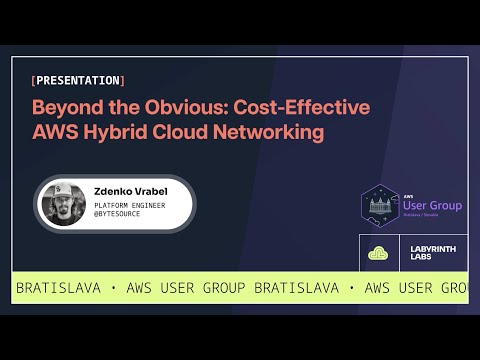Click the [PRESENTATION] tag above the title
click(78, 80)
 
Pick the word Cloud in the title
click(184, 131)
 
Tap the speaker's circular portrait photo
click(62, 203)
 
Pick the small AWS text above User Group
click(409, 195)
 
